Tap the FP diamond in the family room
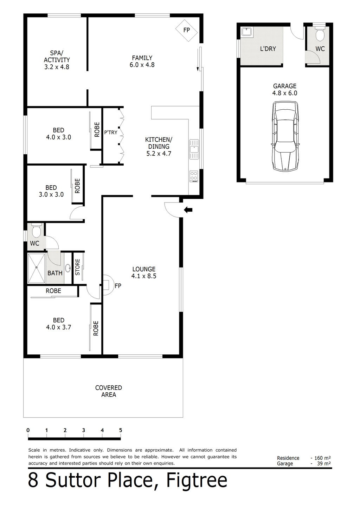coord(186,30)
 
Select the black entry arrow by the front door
coord(188,210)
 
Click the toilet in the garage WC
coord(320,35)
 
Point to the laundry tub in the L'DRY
coord(246,32)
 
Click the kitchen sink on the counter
coord(193,148)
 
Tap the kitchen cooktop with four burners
coord(193,176)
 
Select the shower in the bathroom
coord(37,268)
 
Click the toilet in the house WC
coord(36,232)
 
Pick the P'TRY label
coord(111,133)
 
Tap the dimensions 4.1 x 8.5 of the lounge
coord(143,276)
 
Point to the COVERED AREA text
coord(109,391)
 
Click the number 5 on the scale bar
coord(121,430)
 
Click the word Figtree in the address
coord(197,480)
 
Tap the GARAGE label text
coord(285,86)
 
